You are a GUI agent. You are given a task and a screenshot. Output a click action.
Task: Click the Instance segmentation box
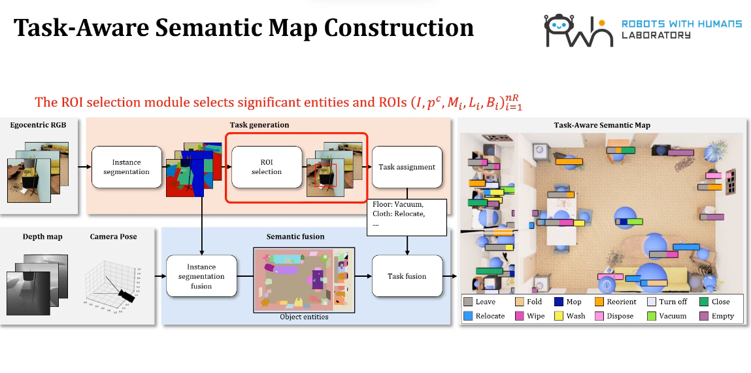tap(126, 167)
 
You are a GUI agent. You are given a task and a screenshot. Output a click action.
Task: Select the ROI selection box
tap(267, 167)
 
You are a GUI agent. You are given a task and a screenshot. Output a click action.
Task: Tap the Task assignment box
tap(407, 167)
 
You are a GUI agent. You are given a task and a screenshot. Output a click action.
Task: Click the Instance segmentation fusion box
tap(201, 276)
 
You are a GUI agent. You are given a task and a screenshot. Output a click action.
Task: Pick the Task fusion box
tap(407, 276)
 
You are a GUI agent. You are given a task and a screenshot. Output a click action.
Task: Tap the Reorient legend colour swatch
tap(599, 302)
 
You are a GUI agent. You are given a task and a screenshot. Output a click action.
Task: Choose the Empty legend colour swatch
tap(704, 316)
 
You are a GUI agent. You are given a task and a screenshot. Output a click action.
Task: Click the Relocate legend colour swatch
tap(468, 316)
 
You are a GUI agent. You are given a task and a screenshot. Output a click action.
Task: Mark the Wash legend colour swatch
tap(559, 316)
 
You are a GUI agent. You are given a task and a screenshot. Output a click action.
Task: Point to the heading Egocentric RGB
tap(39, 124)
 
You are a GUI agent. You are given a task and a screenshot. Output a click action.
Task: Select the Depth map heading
tap(42, 236)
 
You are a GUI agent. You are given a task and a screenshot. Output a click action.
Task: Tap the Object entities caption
tap(304, 317)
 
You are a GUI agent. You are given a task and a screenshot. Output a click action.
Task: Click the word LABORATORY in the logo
tap(656, 35)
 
